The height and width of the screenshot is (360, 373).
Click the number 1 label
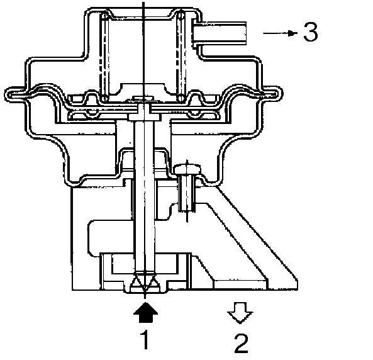pyautogui.click(x=145, y=339)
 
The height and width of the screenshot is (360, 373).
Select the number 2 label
pyautogui.click(x=241, y=344)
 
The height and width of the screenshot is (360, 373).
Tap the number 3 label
pyautogui.click(x=311, y=32)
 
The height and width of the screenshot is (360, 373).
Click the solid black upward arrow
pyautogui.click(x=145, y=312)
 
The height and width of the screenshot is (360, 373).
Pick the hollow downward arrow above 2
pyautogui.click(x=240, y=313)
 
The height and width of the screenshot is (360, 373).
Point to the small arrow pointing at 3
pyautogui.click(x=281, y=33)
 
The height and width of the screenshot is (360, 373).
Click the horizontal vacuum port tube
pyautogui.click(x=220, y=33)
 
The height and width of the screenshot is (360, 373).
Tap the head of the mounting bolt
pyautogui.click(x=187, y=169)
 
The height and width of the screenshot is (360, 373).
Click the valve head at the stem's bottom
pyautogui.click(x=145, y=283)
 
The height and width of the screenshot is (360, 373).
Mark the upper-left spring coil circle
pyautogui.click(x=104, y=16)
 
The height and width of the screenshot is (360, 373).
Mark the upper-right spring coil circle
pyautogui.click(x=181, y=16)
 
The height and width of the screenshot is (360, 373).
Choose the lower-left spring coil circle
pyautogui.click(x=104, y=98)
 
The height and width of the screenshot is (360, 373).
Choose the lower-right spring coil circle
pyautogui.click(x=181, y=98)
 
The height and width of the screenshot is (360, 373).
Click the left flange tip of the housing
pyautogui.click(x=8, y=94)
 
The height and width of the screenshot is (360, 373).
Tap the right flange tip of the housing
pyautogui.click(x=279, y=94)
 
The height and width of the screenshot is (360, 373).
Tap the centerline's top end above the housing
pyautogui.click(x=143, y=2)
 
